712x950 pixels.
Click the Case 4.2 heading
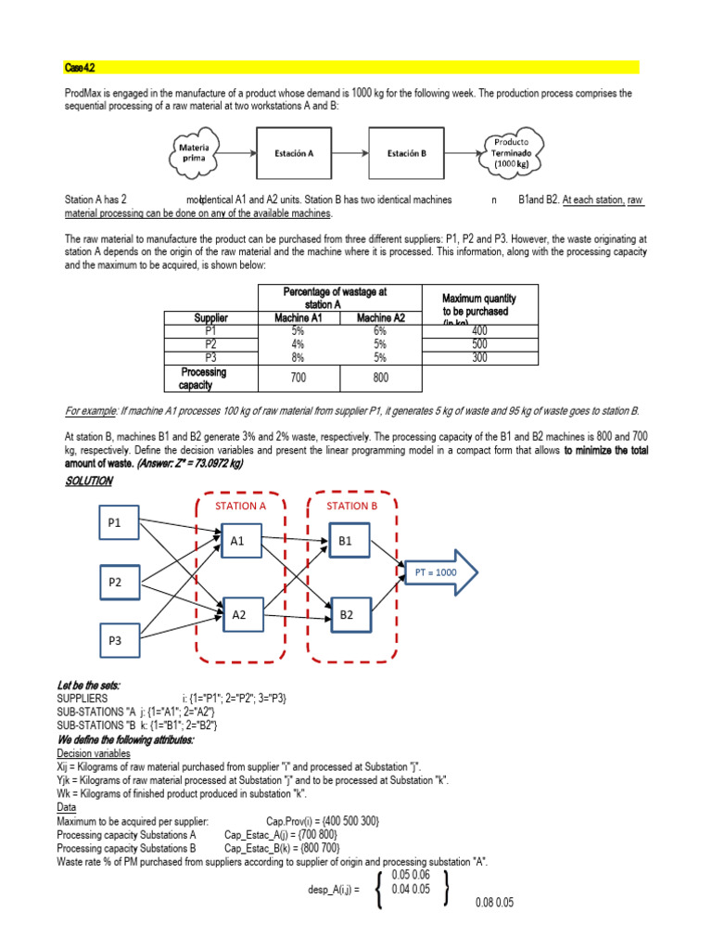click(x=80, y=68)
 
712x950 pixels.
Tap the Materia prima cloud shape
click(x=194, y=153)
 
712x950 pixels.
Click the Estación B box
click(x=406, y=153)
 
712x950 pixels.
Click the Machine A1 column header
click(x=298, y=317)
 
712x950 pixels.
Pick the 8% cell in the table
click(x=298, y=356)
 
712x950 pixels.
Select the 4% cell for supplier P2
click(x=298, y=343)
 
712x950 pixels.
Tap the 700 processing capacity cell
click(x=298, y=379)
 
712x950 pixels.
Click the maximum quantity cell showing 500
click(x=479, y=343)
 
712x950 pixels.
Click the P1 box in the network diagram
click(x=115, y=523)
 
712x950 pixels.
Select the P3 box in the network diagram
click(x=115, y=641)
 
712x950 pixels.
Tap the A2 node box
click(x=239, y=614)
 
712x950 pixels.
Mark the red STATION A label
click(x=240, y=506)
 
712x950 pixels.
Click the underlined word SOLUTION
click(x=89, y=481)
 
